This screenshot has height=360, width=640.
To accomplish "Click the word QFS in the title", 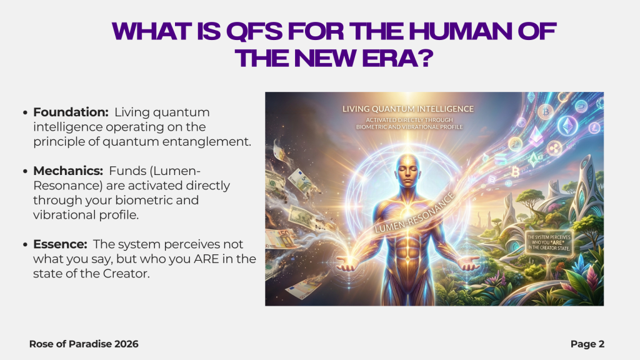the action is (254, 31).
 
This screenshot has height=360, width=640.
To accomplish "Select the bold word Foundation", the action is (71, 112).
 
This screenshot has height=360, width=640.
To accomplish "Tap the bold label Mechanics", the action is (68, 171).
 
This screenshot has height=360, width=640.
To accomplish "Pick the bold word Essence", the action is (60, 244).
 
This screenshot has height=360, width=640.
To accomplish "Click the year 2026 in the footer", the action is (126, 344).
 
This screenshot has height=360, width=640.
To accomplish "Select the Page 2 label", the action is (587, 344).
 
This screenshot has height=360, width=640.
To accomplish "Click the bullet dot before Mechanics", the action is (25, 171).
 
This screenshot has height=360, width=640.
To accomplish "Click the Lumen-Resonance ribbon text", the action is (414, 213).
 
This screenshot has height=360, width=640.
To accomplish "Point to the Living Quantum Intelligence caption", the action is (407, 109).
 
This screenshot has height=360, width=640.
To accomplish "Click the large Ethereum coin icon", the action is (567, 126).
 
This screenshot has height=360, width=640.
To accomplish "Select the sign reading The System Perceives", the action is (549, 242).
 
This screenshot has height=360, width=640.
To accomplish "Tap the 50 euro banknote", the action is (282, 239).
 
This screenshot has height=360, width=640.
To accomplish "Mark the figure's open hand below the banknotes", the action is (347, 264).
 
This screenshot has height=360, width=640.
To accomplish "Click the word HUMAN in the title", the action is (460, 31).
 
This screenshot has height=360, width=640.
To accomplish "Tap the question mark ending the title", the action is (426, 58).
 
